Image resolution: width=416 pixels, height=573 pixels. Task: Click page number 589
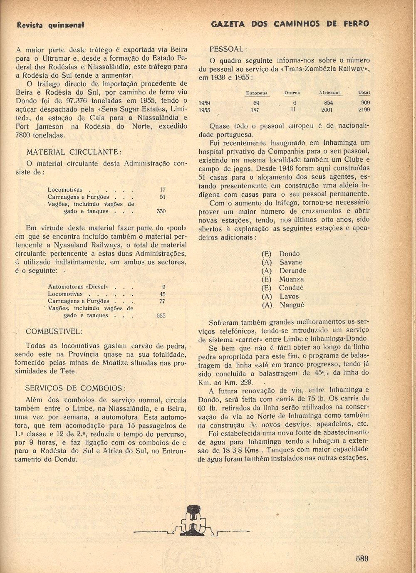click(362, 558)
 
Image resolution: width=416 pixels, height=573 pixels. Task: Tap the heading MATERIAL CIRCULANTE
click(74, 152)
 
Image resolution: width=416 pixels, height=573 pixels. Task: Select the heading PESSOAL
click(228, 49)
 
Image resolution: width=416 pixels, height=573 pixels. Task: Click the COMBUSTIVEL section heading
click(54, 331)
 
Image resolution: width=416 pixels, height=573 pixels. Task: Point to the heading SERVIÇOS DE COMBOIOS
click(75, 388)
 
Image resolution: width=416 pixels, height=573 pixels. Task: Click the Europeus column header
click(257, 93)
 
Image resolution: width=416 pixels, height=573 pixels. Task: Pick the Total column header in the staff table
click(364, 92)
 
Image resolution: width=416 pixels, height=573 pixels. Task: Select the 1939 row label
click(204, 103)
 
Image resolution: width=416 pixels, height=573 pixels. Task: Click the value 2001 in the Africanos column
click(327, 110)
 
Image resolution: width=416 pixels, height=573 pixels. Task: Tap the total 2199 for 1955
click(363, 110)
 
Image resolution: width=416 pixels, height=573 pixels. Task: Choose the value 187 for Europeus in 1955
click(255, 110)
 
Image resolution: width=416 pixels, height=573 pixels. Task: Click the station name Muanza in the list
click(291, 279)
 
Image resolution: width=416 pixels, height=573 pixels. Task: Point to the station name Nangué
click(292, 305)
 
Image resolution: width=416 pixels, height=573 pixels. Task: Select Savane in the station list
click(291, 262)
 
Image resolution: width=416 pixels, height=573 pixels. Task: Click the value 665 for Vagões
click(161, 316)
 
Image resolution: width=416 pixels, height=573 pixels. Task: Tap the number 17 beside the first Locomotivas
click(162, 190)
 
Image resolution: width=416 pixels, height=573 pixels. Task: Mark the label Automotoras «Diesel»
click(78, 287)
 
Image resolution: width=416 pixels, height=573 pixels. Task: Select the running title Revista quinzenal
click(50, 25)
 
